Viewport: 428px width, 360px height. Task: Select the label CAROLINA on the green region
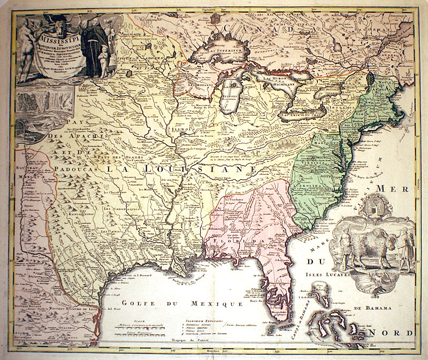[316, 187]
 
